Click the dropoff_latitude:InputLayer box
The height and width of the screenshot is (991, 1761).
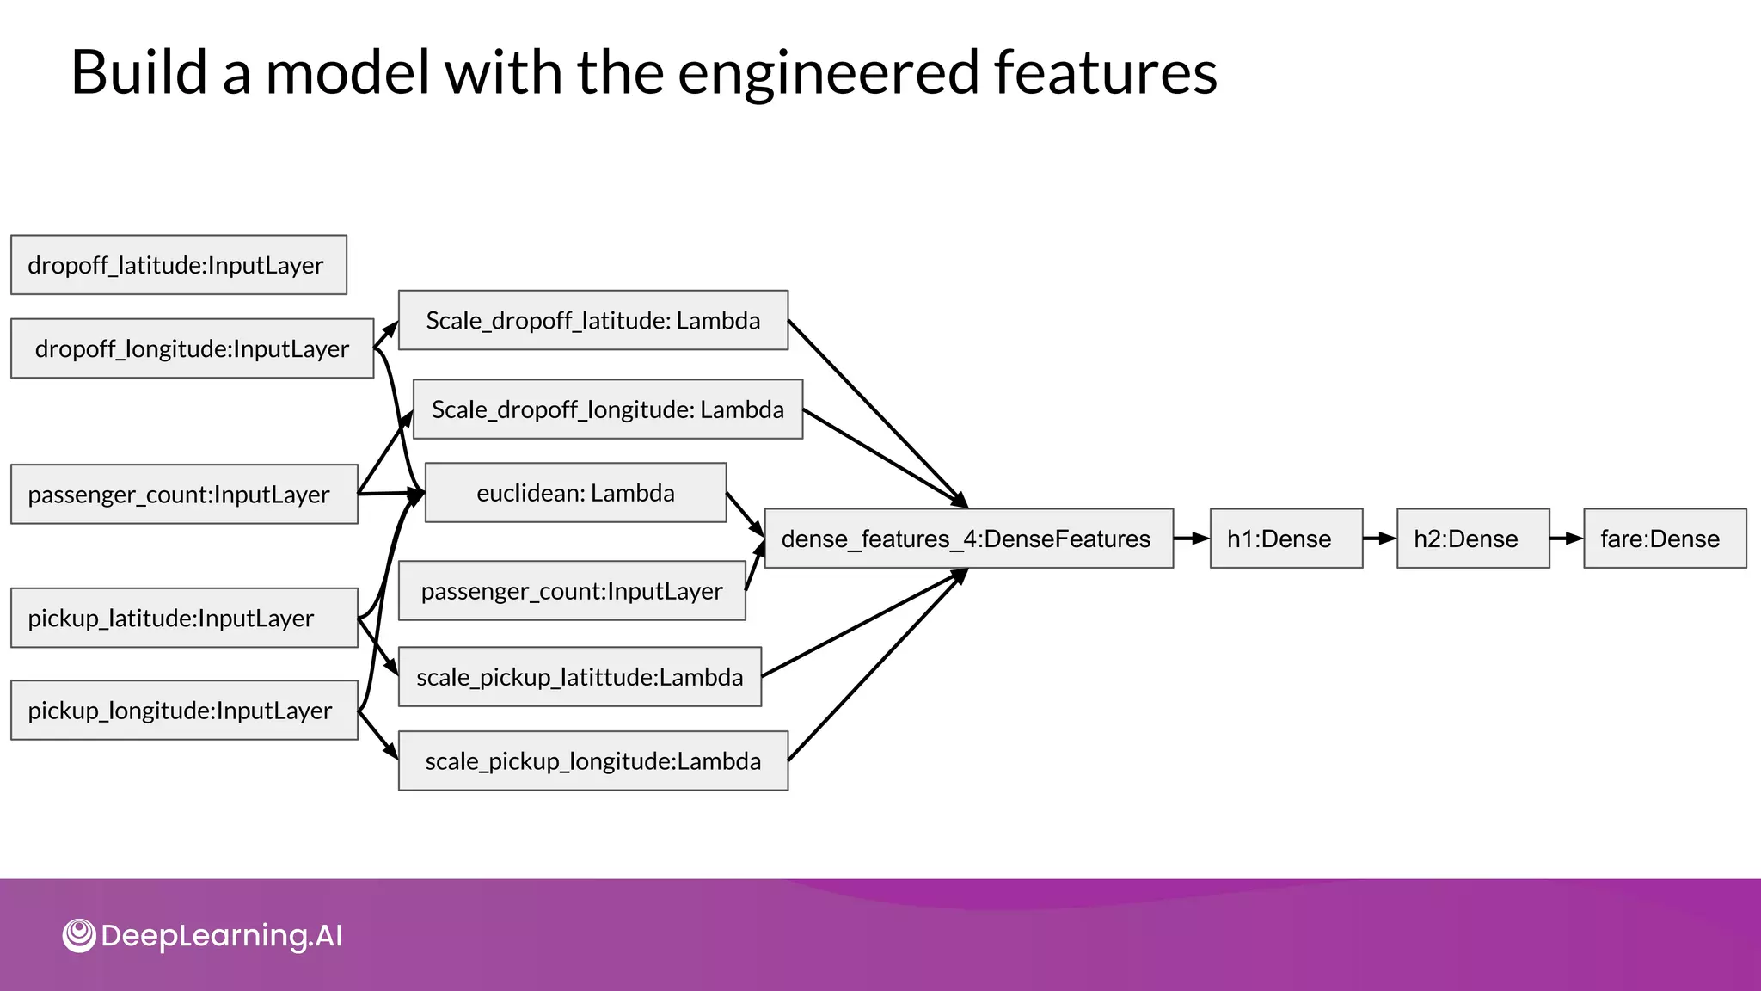(x=178, y=265)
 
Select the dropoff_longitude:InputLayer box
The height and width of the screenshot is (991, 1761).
(x=192, y=348)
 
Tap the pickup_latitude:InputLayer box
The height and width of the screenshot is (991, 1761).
(x=184, y=618)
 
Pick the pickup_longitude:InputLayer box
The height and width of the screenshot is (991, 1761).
(x=184, y=711)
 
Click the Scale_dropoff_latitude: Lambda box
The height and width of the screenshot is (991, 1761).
(x=592, y=320)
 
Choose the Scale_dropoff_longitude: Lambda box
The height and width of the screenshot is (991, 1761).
(x=607, y=409)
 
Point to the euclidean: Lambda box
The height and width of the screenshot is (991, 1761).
(x=575, y=493)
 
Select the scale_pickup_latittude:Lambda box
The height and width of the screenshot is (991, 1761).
(x=580, y=677)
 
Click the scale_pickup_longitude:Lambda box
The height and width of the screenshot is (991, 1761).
(x=592, y=761)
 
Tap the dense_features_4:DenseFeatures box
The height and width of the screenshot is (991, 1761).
(x=968, y=539)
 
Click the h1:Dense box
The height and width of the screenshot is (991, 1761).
(x=1285, y=539)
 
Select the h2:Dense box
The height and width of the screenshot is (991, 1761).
(x=1472, y=539)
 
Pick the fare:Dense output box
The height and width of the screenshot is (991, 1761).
(x=1664, y=539)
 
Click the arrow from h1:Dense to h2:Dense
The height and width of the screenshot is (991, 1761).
(x=1379, y=539)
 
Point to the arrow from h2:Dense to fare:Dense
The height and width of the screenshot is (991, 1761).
(x=1566, y=539)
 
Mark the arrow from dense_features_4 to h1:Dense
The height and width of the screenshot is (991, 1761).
(x=1191, y=539)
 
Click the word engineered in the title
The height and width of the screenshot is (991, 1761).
(x=828, y=72)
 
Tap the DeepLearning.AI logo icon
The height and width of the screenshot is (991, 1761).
(x=79, y=936)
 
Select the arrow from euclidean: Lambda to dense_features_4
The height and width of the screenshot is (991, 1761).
(x=745, y=514)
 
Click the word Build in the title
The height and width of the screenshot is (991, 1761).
(x=138, y=72)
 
